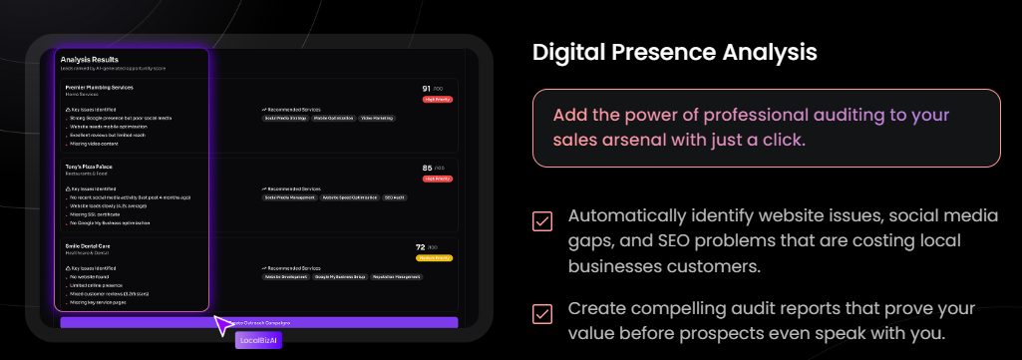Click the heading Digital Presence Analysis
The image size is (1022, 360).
tap(674, 51)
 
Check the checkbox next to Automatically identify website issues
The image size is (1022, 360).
tap(542, 221)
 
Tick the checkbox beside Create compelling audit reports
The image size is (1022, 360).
tap(542, 313)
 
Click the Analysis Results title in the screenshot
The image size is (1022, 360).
tap(90, 60)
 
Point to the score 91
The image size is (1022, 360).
tap(427, 89)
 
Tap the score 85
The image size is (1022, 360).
tap(427, 168)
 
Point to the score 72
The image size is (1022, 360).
tap(420, 246)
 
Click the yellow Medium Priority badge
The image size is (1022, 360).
tap(435, 258)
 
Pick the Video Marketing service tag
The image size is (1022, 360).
tap(379, 118)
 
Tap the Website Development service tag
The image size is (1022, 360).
tap(285, 276)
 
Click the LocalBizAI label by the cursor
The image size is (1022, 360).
tap(258, 340)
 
